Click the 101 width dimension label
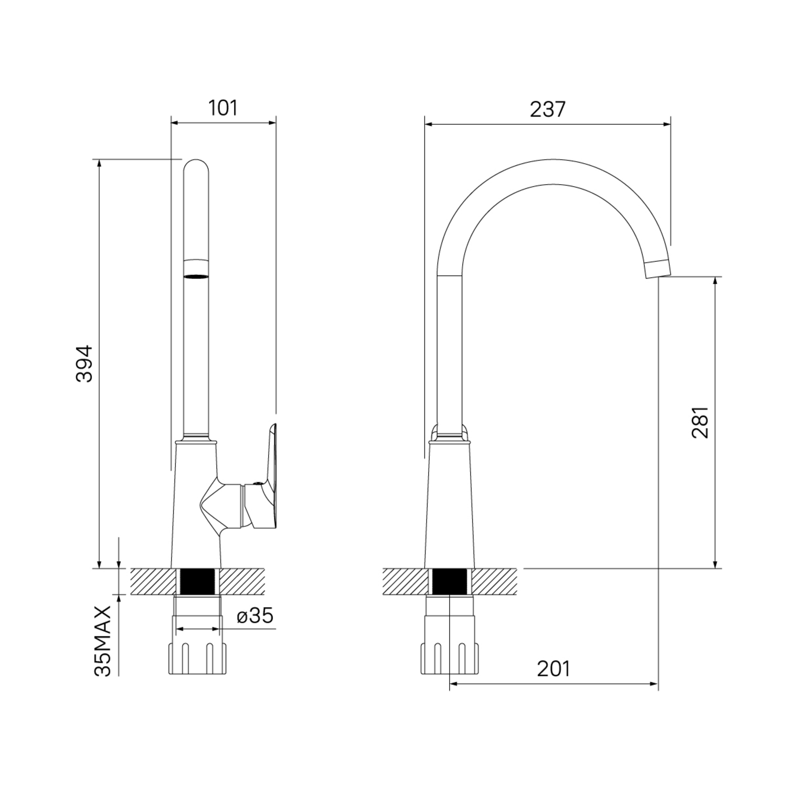click(223, 108)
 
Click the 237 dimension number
click(548, 109)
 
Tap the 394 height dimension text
click(83, 363)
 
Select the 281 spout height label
click(700, 422)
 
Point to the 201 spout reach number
click(553, 669)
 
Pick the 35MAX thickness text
click(103, 641)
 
